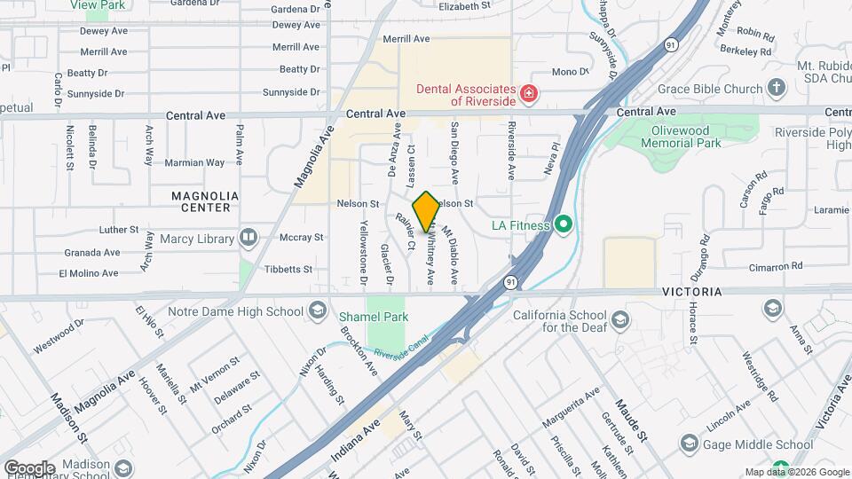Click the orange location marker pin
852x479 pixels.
pyautogui.click(x=426, y=212)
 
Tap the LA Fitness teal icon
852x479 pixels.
pyautogui.click(x=563, y=225)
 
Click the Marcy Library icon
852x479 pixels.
pyautogui.click(x=248, y=238)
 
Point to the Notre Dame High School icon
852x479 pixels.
pyautogui.click(x=318, y=310)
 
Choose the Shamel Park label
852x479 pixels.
pyautogui.click(x=373, y=316)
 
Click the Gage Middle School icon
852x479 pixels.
pyautogui.click(x=689, y=444)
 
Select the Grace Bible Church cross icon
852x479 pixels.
pyautogui.click(x=777, y=88)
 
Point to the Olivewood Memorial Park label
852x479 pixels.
pyautogui.click(x=682, y=137)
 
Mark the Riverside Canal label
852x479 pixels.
pyautogui.click(x=405, y=348)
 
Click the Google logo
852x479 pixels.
pyautogui.click(x=29, y=467)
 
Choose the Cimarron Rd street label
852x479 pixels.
pyautogui.click(x=774, y=265)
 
